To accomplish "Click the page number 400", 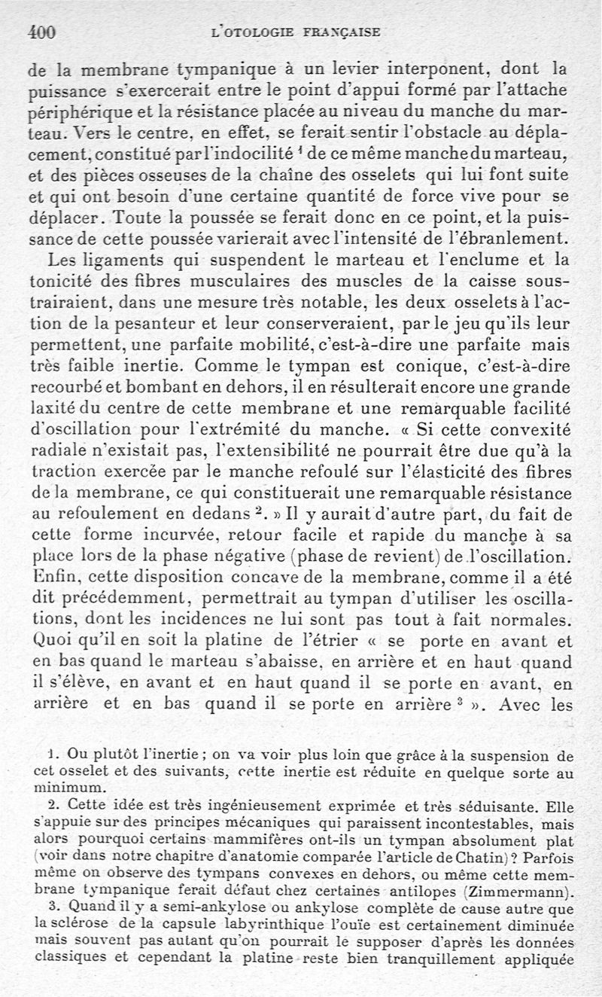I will (42, 32).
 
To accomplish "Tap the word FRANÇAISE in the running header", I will (342, 32).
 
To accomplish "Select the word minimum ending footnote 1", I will (57, 787).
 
